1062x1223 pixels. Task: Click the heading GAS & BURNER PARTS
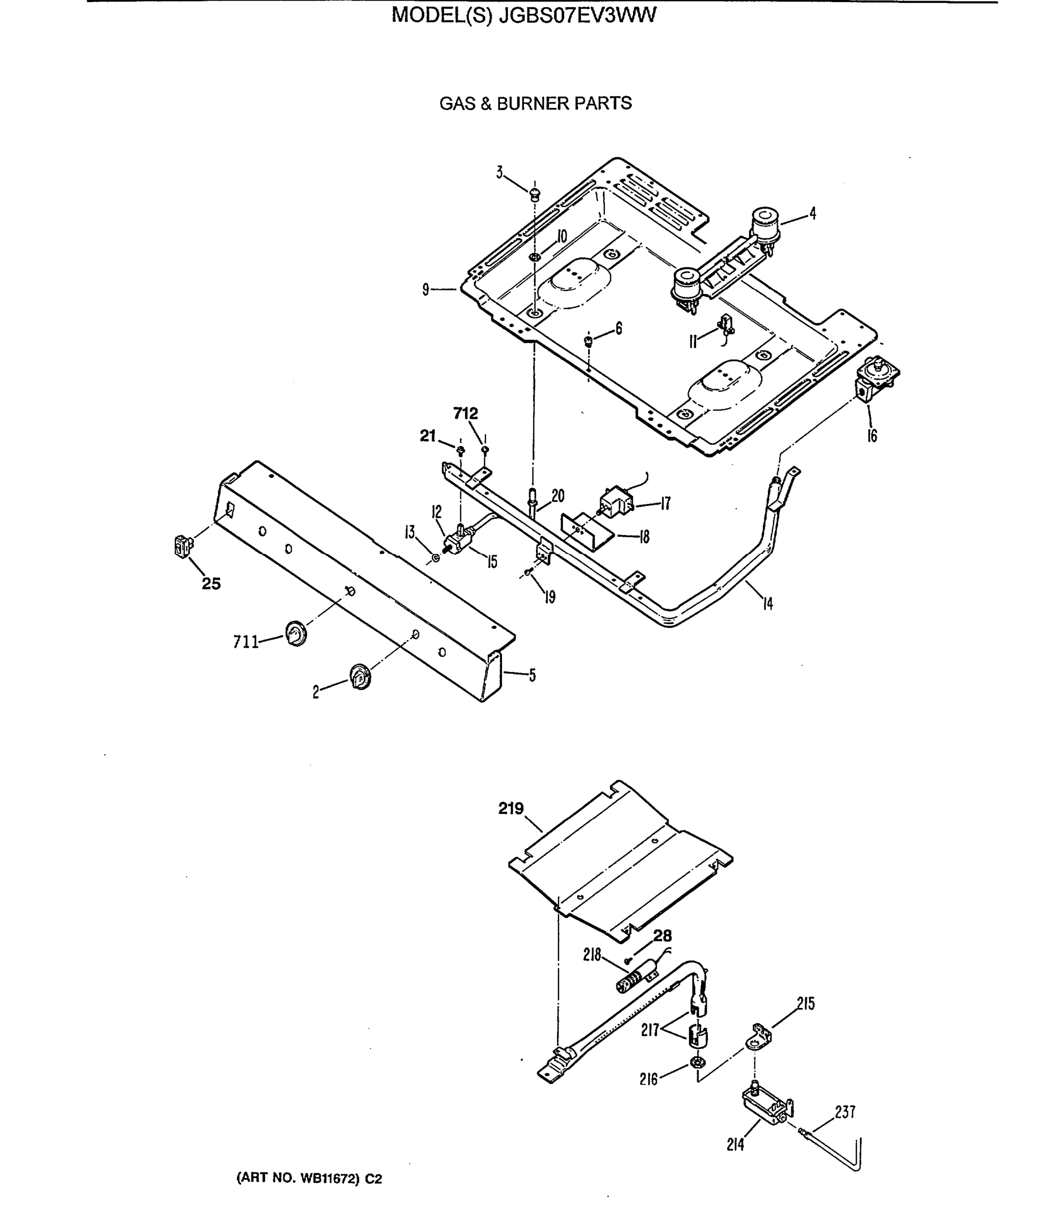pos(535,103)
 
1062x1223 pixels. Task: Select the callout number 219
pos(510,809)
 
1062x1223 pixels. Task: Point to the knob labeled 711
pos(296,633)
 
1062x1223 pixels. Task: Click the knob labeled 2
pos(360,676)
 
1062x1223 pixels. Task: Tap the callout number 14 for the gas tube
pos(767,604)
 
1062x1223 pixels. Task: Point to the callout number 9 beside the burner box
pos(425,290)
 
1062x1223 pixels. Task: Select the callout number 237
pos(844,1112)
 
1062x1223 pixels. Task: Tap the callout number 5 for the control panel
pos(532,675)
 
